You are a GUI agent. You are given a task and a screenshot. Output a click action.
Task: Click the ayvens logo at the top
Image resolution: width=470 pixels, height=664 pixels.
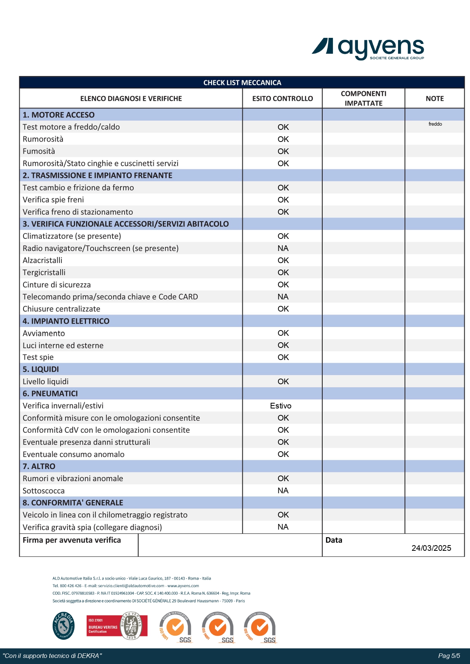368,48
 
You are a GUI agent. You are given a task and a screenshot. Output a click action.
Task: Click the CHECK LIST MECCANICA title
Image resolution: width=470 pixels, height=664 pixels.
242,83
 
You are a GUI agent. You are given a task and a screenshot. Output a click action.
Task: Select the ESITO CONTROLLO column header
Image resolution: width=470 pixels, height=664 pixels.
283,98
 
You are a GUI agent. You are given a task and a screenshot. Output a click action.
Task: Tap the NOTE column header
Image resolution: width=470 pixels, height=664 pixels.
434,98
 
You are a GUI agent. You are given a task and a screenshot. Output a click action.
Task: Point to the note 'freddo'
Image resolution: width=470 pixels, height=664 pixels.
435,124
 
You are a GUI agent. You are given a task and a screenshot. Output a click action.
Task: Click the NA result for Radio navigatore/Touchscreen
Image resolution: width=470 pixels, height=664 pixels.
283,248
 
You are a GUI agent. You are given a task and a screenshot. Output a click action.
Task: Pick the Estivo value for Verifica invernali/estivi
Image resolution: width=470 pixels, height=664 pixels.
281,406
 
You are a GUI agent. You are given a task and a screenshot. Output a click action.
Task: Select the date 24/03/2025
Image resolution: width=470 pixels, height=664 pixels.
431,548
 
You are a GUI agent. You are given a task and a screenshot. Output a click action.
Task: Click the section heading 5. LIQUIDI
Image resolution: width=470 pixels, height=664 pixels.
41,369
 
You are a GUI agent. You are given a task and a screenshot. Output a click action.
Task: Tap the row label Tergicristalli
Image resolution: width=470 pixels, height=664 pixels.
44,273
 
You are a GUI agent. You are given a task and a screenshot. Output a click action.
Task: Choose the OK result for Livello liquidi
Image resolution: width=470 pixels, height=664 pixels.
283,382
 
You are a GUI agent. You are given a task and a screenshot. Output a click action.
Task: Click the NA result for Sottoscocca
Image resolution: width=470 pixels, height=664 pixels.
283,491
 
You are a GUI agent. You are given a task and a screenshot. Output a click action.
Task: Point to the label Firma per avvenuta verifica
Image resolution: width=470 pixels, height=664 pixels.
72,540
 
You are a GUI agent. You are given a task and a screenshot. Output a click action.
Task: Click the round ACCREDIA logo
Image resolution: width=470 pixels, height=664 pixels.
64,625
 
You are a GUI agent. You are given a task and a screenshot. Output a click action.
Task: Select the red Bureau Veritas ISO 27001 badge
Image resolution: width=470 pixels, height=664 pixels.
117,626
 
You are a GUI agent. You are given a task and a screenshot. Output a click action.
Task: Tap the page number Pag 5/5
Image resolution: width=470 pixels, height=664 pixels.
449,656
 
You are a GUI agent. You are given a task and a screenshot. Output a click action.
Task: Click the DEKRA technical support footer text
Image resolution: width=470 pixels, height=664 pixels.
52,656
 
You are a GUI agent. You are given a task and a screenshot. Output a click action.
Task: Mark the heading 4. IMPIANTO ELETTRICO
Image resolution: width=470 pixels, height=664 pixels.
66,321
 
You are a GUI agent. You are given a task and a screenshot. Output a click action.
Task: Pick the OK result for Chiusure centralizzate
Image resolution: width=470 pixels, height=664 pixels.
283,309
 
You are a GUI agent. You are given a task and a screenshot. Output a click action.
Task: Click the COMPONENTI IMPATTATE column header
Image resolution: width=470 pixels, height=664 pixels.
363,98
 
